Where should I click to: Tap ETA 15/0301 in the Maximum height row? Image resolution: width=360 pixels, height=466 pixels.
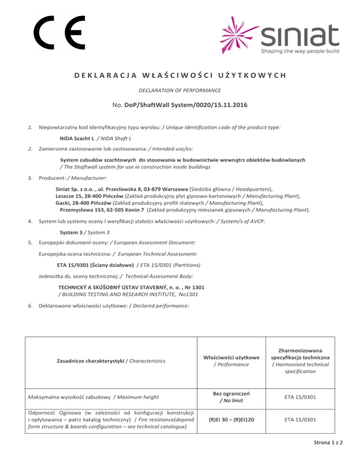coord(302,397)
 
